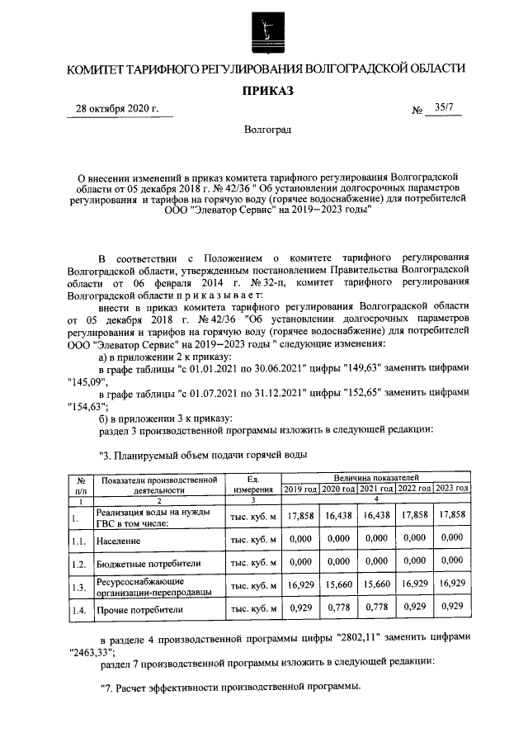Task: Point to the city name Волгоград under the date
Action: (x=266, y=130)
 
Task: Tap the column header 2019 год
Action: (x=300, y=489)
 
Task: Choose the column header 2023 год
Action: (x=452, y=489)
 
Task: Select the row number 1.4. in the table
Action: (x=79, y=611)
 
